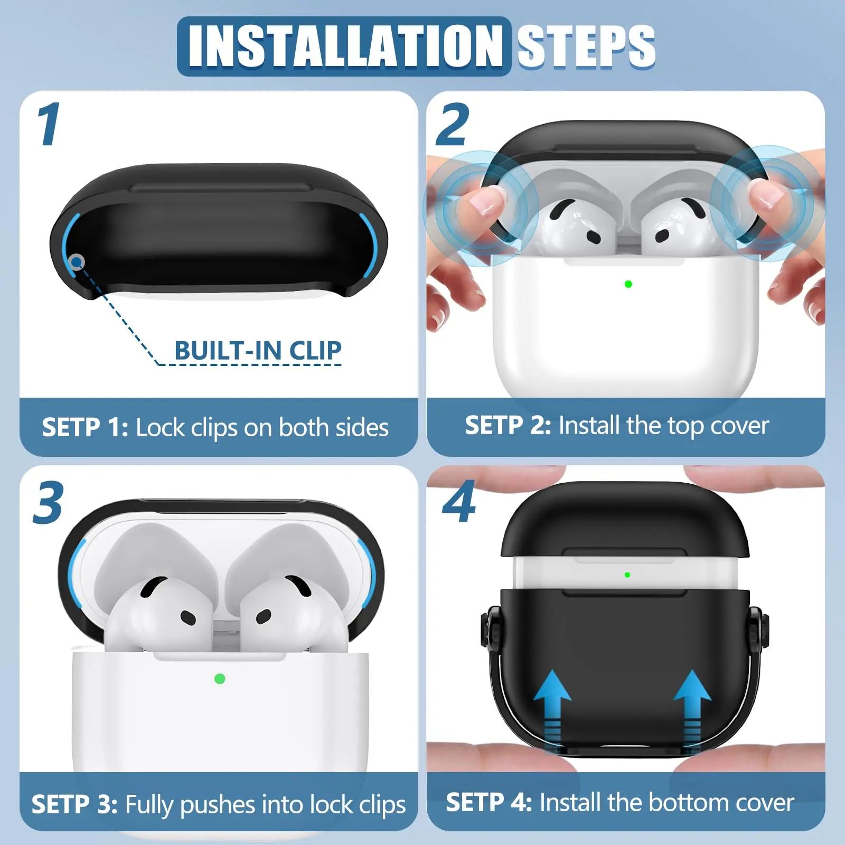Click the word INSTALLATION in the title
[x=344, y=46]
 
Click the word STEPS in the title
[x=586, y=46]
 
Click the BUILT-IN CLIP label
[x=258, y=350]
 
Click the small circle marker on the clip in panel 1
[x=77, y=261]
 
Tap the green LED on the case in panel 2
[x=628, y=284]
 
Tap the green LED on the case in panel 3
[x=220, y=679]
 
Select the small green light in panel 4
[x=627, y=575]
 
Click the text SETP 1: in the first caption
[x=84, y=427]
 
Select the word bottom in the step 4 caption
[x=686, y=802]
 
